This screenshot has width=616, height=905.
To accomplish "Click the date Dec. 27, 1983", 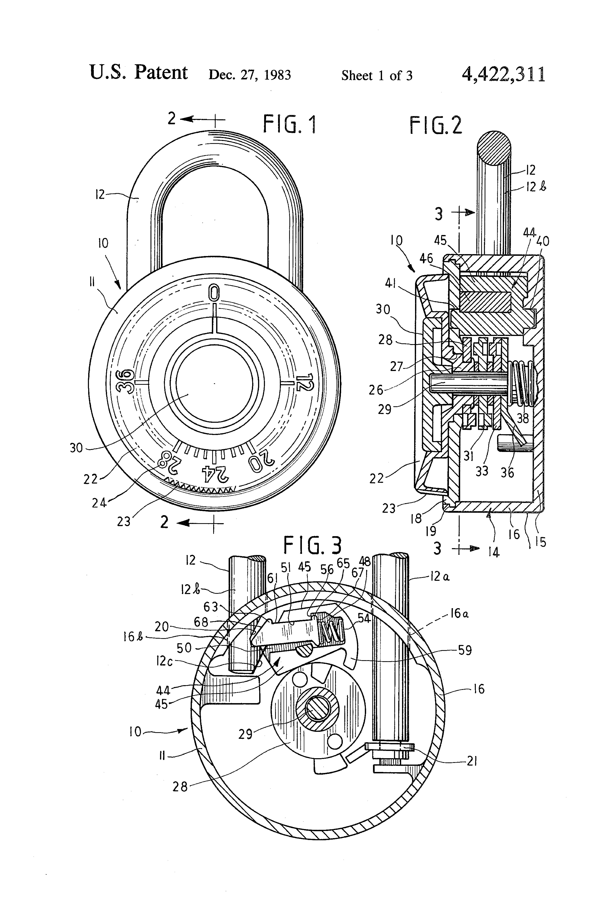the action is pos(250,75).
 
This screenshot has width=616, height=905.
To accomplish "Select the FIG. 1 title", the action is pos(290,125).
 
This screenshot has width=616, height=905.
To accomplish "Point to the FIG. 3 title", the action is pos(312,545).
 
